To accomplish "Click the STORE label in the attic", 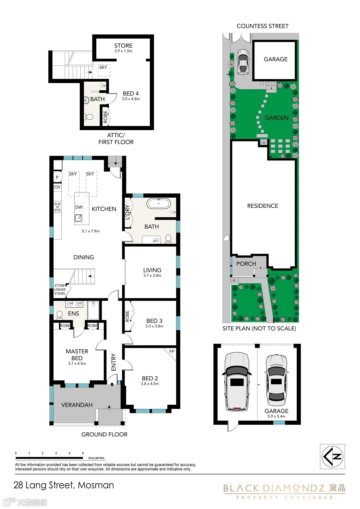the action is point(123,45).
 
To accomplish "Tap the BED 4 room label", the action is point(131,93).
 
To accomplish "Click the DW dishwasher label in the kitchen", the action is point(79,207).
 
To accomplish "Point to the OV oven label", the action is point(57,187).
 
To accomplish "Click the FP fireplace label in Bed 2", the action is point(172,351).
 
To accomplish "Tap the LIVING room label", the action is point(152,270).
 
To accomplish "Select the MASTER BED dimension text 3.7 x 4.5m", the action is point(77,363).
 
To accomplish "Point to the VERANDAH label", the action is point(77,405).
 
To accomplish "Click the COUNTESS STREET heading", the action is point(263,26).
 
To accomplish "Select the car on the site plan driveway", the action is point(243,62).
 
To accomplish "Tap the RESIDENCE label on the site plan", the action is point(263,206).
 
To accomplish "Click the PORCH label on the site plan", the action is point(246,264).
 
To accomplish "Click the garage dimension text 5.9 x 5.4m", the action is point(276,416).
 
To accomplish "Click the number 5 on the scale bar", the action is point(83,453).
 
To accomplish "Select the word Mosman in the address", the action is point(96,485).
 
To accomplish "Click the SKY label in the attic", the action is point(103,67).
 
